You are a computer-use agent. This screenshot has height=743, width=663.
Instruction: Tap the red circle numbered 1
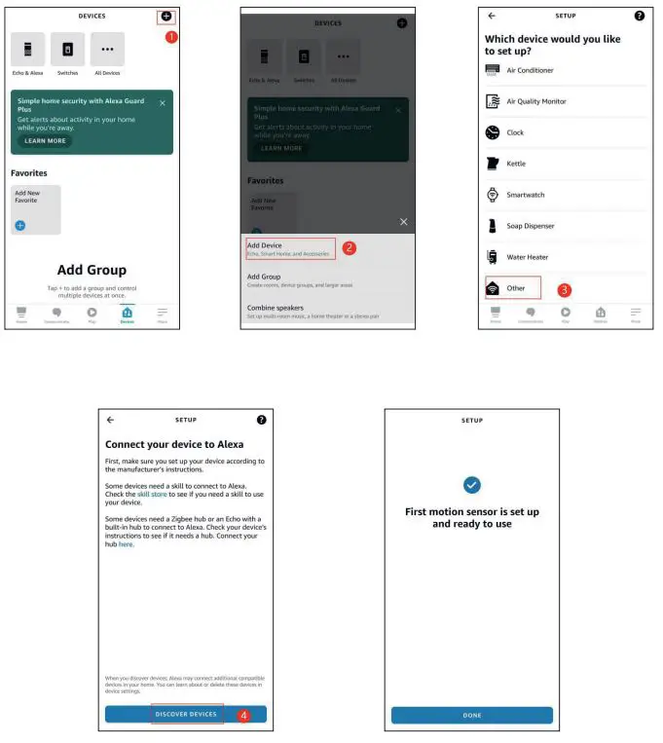[x=171, y=37]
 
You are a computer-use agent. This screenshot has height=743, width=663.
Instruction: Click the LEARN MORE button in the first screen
[x=45, y=140]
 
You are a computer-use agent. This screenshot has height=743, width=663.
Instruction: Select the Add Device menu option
[x=265, y=245]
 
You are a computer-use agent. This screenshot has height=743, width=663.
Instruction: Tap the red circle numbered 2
[x=350, y=248]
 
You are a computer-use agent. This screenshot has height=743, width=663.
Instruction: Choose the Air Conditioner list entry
[x=530, y=70]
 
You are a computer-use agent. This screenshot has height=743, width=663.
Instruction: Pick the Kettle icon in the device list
[x=493, y=164]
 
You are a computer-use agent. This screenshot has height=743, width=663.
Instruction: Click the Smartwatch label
[x=526, y=195]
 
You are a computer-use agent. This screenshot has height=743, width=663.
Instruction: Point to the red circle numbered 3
[x=564, y=290]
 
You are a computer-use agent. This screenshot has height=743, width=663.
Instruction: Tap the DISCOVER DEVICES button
[x=186, y=714]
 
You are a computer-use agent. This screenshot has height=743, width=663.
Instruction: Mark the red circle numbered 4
[x=243, y=715]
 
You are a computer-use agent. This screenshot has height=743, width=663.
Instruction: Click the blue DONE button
[x=471, y=715]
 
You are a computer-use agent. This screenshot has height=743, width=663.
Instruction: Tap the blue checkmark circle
[x=472, y=485]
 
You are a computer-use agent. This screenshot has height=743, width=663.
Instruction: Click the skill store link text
[x=152, y=495]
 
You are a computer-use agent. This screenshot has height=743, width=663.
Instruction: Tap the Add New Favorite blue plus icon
[x=20, y=225]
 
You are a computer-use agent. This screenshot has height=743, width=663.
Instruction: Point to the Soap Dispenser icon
[x=493, y=226]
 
